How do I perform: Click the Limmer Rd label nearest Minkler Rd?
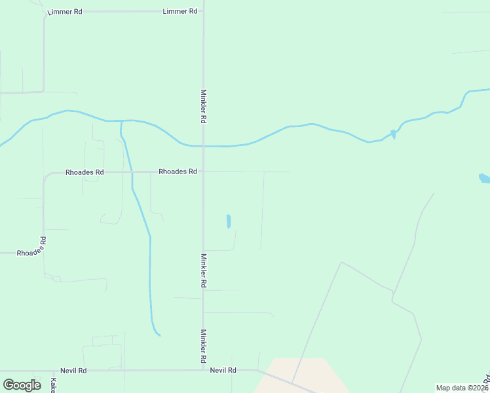click(x=179, y=12)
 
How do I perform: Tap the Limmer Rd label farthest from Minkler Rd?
click(x=65, y=12)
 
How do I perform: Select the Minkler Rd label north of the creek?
click(x=204, y=107)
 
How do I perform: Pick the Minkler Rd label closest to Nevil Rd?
click(x=204, y=346)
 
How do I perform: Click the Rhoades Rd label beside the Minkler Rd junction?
click(x=178, y=172)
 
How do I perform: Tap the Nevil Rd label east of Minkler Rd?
click(x=223, y=370)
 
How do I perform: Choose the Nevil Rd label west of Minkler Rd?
click(x=73, y=370)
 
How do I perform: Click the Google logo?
click(x=22, y=385)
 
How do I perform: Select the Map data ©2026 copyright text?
click(x=462, y=388)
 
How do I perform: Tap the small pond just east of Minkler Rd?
click(x=229, y=221)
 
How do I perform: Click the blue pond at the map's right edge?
click(x=484, y=178)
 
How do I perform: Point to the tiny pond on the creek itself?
click(x=393, y=134)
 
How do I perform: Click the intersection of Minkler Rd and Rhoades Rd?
click(x=203, y=172)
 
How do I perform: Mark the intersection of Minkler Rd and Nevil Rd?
click(x=203, y=370)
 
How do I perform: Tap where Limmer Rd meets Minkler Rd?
click(x=203, y=12)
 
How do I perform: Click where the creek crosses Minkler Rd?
click(x=203, y=146)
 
